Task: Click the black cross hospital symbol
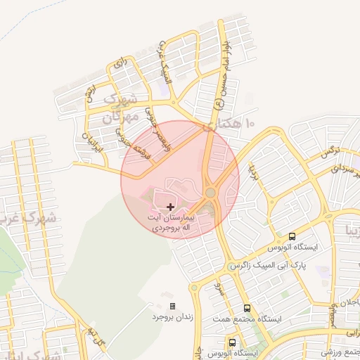click(171, 207)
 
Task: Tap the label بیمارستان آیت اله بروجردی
click(171, 224)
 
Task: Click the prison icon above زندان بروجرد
click(172, 306)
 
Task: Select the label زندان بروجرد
click(172, 317)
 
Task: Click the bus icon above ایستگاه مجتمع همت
click(247, 308)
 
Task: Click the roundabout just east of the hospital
click(210, 193)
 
